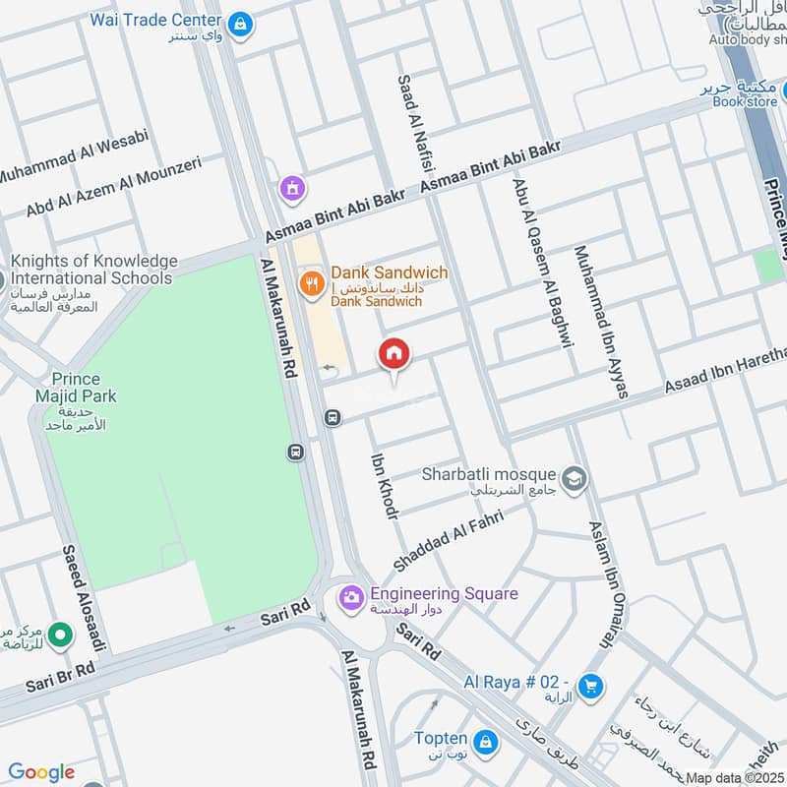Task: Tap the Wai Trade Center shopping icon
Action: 238,22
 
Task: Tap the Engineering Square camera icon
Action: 350,597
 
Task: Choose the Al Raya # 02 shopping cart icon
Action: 589,686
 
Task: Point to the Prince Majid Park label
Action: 85,388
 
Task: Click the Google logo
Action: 40,772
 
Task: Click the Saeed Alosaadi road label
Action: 84,598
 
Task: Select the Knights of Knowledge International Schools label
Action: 93,270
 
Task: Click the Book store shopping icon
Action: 767,89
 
